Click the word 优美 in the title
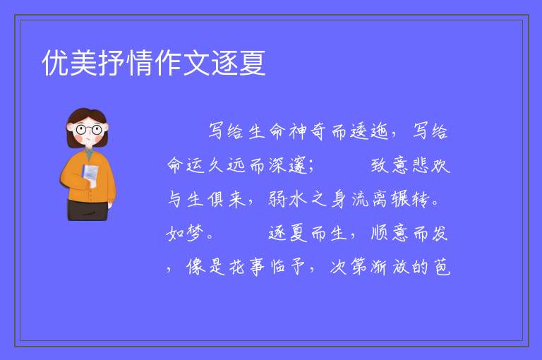[70, 63]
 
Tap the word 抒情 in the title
[126, 63]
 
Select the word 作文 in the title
[182, 63]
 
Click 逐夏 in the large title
[238, 63]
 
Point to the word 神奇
[308, 131]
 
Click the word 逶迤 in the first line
[370, 131]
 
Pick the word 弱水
[288, 199]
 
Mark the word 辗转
[410, 199]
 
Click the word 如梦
[185, 233]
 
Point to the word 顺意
[390, 233]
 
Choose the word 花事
[247, 267]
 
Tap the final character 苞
[442, 267]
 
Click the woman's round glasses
[89, 130]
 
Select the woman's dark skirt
[87, 210]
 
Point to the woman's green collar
[89, 154]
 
